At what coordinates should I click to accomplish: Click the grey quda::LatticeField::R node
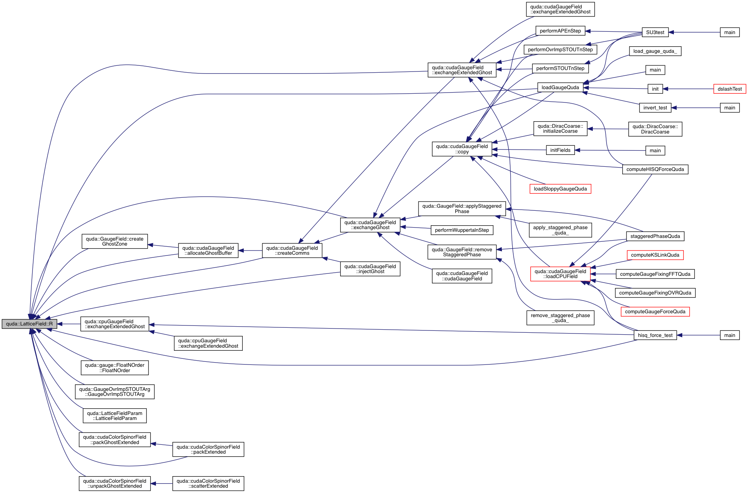[29, 324]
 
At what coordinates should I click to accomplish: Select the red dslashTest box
[729, 89]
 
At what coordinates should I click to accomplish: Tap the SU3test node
[655, 33]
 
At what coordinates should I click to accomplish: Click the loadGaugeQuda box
[560, 88]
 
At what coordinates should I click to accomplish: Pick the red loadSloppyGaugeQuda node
[560, 189]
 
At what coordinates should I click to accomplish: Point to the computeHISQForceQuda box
[655, 169]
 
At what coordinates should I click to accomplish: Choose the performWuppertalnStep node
[462, 230]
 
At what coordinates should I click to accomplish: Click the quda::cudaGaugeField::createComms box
[292, 251]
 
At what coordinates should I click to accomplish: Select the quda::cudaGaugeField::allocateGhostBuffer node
[208, 251]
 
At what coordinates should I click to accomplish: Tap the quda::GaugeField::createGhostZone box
[114, 241]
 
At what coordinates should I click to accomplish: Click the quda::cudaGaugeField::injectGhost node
[370, 269]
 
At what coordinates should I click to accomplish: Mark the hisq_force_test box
[655, 335]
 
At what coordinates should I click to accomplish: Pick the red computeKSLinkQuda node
[655, 255]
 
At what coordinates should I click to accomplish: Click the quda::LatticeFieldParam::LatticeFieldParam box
[114, 416]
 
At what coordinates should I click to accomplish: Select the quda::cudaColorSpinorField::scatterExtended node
[208, 483]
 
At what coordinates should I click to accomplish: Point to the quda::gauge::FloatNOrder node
[114, 368]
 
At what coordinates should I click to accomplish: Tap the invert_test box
[655, 108]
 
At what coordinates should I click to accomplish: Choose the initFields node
[560, 150]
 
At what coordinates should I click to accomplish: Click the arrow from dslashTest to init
[688, 89]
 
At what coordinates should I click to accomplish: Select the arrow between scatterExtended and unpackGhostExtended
[161, 484]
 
